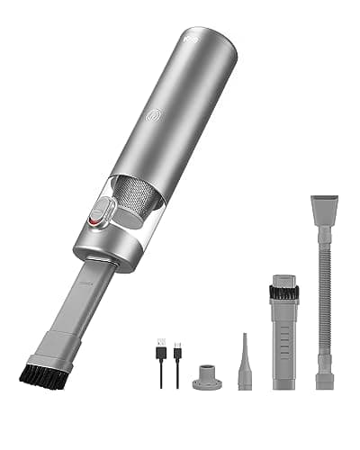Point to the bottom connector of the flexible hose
tap(325, 373)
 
